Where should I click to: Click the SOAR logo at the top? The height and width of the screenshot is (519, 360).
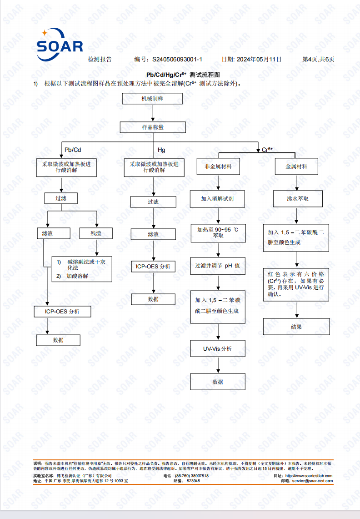point(60,45)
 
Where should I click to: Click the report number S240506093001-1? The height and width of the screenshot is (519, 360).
point(177,59)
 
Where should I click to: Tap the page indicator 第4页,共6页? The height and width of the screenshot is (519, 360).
point(318,59)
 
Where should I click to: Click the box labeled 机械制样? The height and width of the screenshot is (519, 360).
point(152,99)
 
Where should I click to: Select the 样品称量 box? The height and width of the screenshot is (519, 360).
point(153,127)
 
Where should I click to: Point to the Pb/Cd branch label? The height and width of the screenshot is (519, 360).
point(73,150)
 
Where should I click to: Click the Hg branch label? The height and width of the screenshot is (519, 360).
point(161,150)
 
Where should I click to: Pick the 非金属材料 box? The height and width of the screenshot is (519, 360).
point(218,166)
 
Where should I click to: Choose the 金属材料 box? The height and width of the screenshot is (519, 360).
point(296,166)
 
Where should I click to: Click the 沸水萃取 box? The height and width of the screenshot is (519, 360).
point(298,199)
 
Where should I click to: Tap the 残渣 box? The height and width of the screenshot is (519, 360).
point(96,233)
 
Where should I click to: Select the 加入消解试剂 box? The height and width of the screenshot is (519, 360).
point(217,199)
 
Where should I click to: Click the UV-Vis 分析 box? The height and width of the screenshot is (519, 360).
point(218,348)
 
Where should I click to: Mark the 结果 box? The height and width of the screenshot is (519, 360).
point(296,327)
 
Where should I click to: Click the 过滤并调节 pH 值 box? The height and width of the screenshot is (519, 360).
point(218,266)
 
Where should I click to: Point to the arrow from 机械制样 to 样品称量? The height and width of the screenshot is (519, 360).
point(153,113)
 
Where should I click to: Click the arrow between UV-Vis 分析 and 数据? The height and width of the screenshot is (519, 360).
point(218,365)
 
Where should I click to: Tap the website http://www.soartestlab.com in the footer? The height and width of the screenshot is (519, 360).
point(309,476)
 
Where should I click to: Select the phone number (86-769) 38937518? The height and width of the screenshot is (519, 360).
point(192,476)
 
